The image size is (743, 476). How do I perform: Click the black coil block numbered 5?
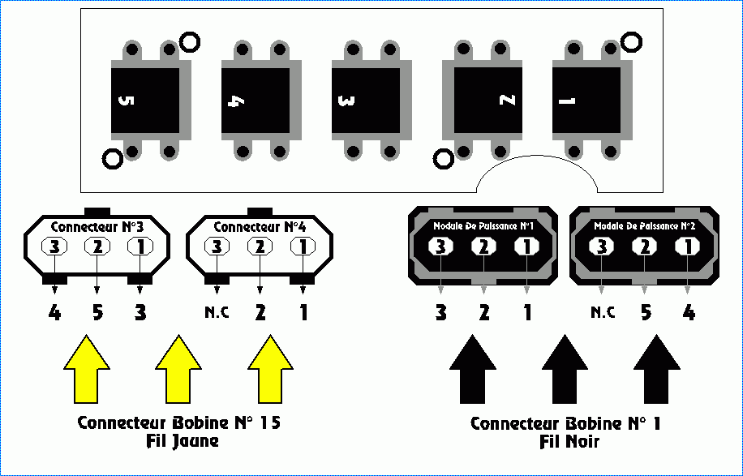pos(144,101)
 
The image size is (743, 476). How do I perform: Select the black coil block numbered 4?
pos(256,101)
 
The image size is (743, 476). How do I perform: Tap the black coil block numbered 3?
pos(366,101)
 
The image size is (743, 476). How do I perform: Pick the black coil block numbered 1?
pos(586,101)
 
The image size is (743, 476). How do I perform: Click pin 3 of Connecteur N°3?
pos(54,246)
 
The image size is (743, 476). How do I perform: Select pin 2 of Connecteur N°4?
pos(260,246)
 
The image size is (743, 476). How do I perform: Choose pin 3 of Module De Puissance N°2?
pos(602,246)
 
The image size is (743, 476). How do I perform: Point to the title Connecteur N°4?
pos(259,225)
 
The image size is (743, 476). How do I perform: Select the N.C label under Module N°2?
pos(601,312)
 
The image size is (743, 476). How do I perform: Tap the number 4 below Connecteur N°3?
pos(54,312)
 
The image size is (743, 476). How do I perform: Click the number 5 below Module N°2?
pos(646,312)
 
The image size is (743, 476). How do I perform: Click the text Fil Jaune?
pos(178,442)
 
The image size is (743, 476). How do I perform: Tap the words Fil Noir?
pos(569,442)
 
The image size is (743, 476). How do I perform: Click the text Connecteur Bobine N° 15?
pos(178,422)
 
